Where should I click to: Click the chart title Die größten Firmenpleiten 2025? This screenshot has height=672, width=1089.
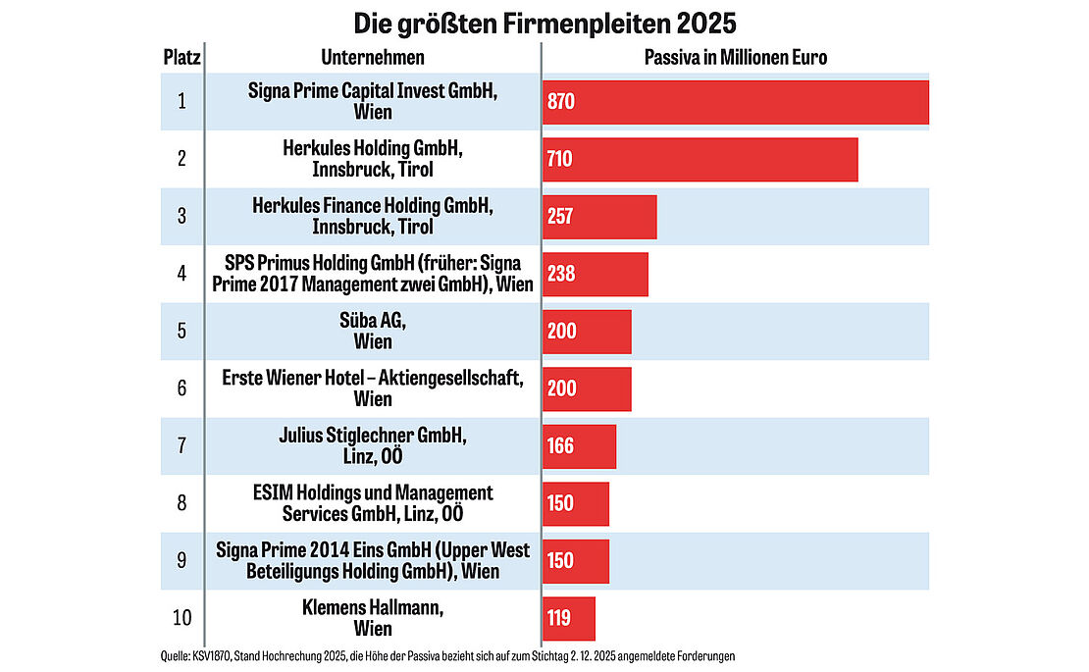(x=544, y=22)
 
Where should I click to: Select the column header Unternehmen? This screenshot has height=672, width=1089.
(x=372, y=57)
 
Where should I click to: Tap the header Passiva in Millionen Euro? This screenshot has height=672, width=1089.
(x=735, y=57)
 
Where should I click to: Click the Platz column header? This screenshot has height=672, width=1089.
(x=181, y=57)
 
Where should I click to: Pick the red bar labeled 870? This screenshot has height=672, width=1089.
(x=735, y=102)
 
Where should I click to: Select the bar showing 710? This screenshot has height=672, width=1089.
(x=700, y=159)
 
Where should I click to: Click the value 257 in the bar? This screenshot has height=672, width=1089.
(x=560, y=217)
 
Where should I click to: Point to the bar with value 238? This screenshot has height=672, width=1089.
(x=596, y=274)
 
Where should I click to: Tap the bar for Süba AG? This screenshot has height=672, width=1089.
(x=587, y=332)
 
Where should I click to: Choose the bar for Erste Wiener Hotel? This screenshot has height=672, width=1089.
(x=587, y=388)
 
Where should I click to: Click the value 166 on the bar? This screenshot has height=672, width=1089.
(x=560, y=446)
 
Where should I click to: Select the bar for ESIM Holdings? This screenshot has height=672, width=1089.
(x=576, y=503)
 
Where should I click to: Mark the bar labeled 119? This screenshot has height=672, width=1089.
(x=569, y=618)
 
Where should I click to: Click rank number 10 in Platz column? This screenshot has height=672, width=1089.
(x=181, y=618)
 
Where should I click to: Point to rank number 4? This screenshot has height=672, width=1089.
(x=181, y=274)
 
